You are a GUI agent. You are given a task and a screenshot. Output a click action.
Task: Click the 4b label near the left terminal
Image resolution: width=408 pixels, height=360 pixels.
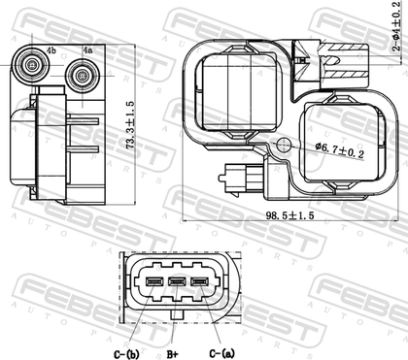(x=51, y=50)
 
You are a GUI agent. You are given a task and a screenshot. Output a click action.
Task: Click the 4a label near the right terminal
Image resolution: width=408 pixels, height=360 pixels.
(x=87, y=50)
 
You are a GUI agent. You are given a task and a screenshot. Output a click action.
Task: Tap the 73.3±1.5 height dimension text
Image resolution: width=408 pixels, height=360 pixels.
(x=130, y=125)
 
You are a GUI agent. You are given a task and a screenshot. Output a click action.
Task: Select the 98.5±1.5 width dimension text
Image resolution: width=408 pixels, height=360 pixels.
(x=289, y=215)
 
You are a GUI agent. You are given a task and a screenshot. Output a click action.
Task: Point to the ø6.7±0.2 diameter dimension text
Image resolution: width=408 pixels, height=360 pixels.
(x=340, y=149)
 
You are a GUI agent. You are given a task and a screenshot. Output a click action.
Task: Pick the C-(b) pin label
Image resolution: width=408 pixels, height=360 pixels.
(x=126, y=354)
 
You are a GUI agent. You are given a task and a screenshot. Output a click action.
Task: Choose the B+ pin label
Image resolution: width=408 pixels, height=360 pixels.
(x=172, y=354)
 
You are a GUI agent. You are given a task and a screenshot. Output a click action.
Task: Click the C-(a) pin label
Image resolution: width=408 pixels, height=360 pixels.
(x=221, y=353)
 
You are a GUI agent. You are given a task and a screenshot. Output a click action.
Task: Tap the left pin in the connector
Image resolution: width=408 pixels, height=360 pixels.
(x=153, y=281)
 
